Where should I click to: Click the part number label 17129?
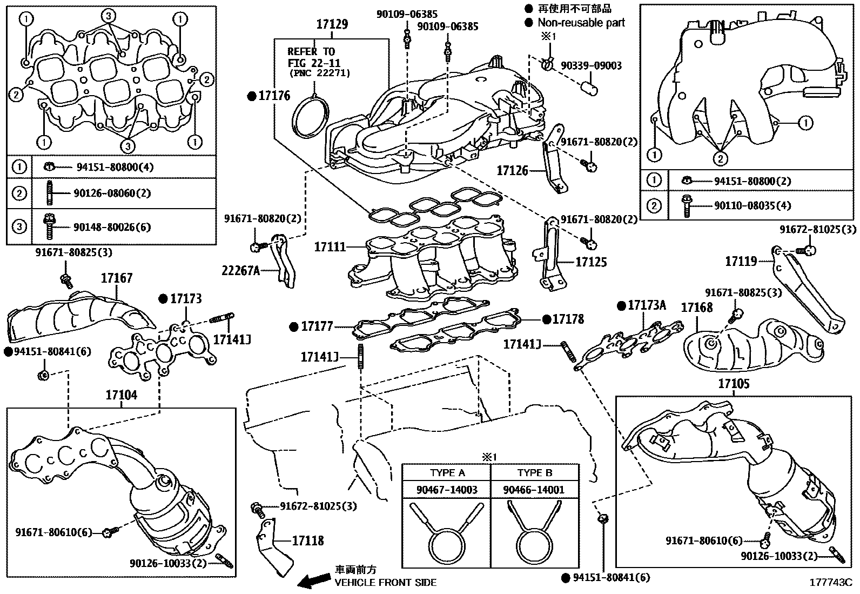pyautogui.click(x=332, y=24)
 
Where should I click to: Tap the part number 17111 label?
pyautogui.click(x=330, y=247)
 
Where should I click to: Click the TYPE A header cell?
pyautogui.click(x=447, y=472)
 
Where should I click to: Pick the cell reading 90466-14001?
pyautogui.click(x=534, y=490)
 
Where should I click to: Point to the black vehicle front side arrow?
pyautogui.click(x=315, y=580)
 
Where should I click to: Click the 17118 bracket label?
pyautogui.click(x=308, y=540)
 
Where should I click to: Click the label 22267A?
pyautogui.click(x=240, y=270)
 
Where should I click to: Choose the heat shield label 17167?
pyautogui.click(x=116, y=278)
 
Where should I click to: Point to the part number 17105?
pyautogui.click(x=733, y=384)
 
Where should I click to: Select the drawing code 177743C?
pyautogui.click(x=830, y=582)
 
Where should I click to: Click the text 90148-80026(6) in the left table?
pyautogui.click(x=112, y=227)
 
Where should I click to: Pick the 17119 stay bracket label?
pyautogui.click(x=741, y=262)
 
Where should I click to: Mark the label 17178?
pyautogui.click(x=568, y=319)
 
